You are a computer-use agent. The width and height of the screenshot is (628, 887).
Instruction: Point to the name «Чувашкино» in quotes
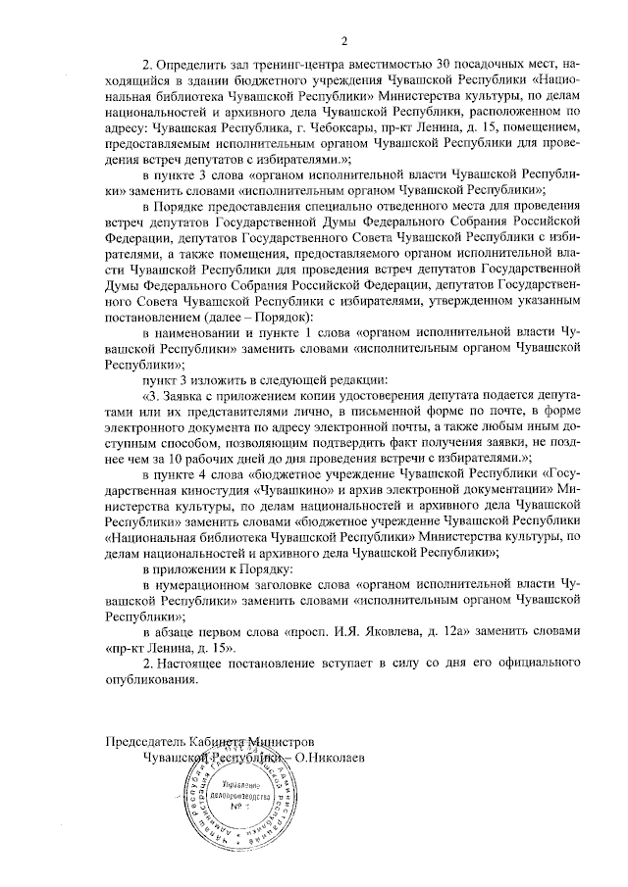[294, 490]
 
